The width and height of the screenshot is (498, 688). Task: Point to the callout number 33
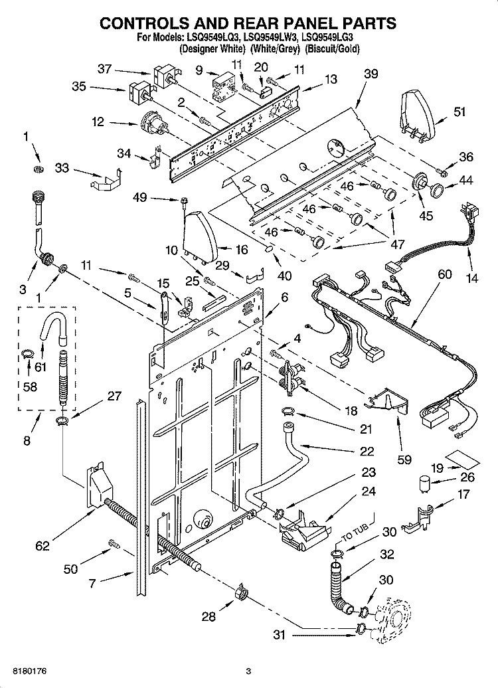click(x=61, y=169)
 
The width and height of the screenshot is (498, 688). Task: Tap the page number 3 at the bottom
click(x=248, y=671)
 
